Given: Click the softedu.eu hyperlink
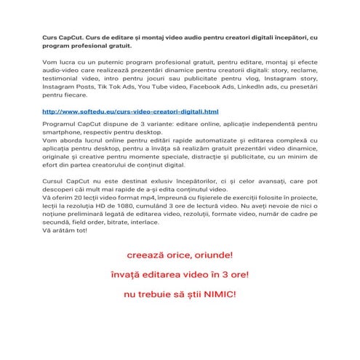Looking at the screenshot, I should [x=131, y=112].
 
